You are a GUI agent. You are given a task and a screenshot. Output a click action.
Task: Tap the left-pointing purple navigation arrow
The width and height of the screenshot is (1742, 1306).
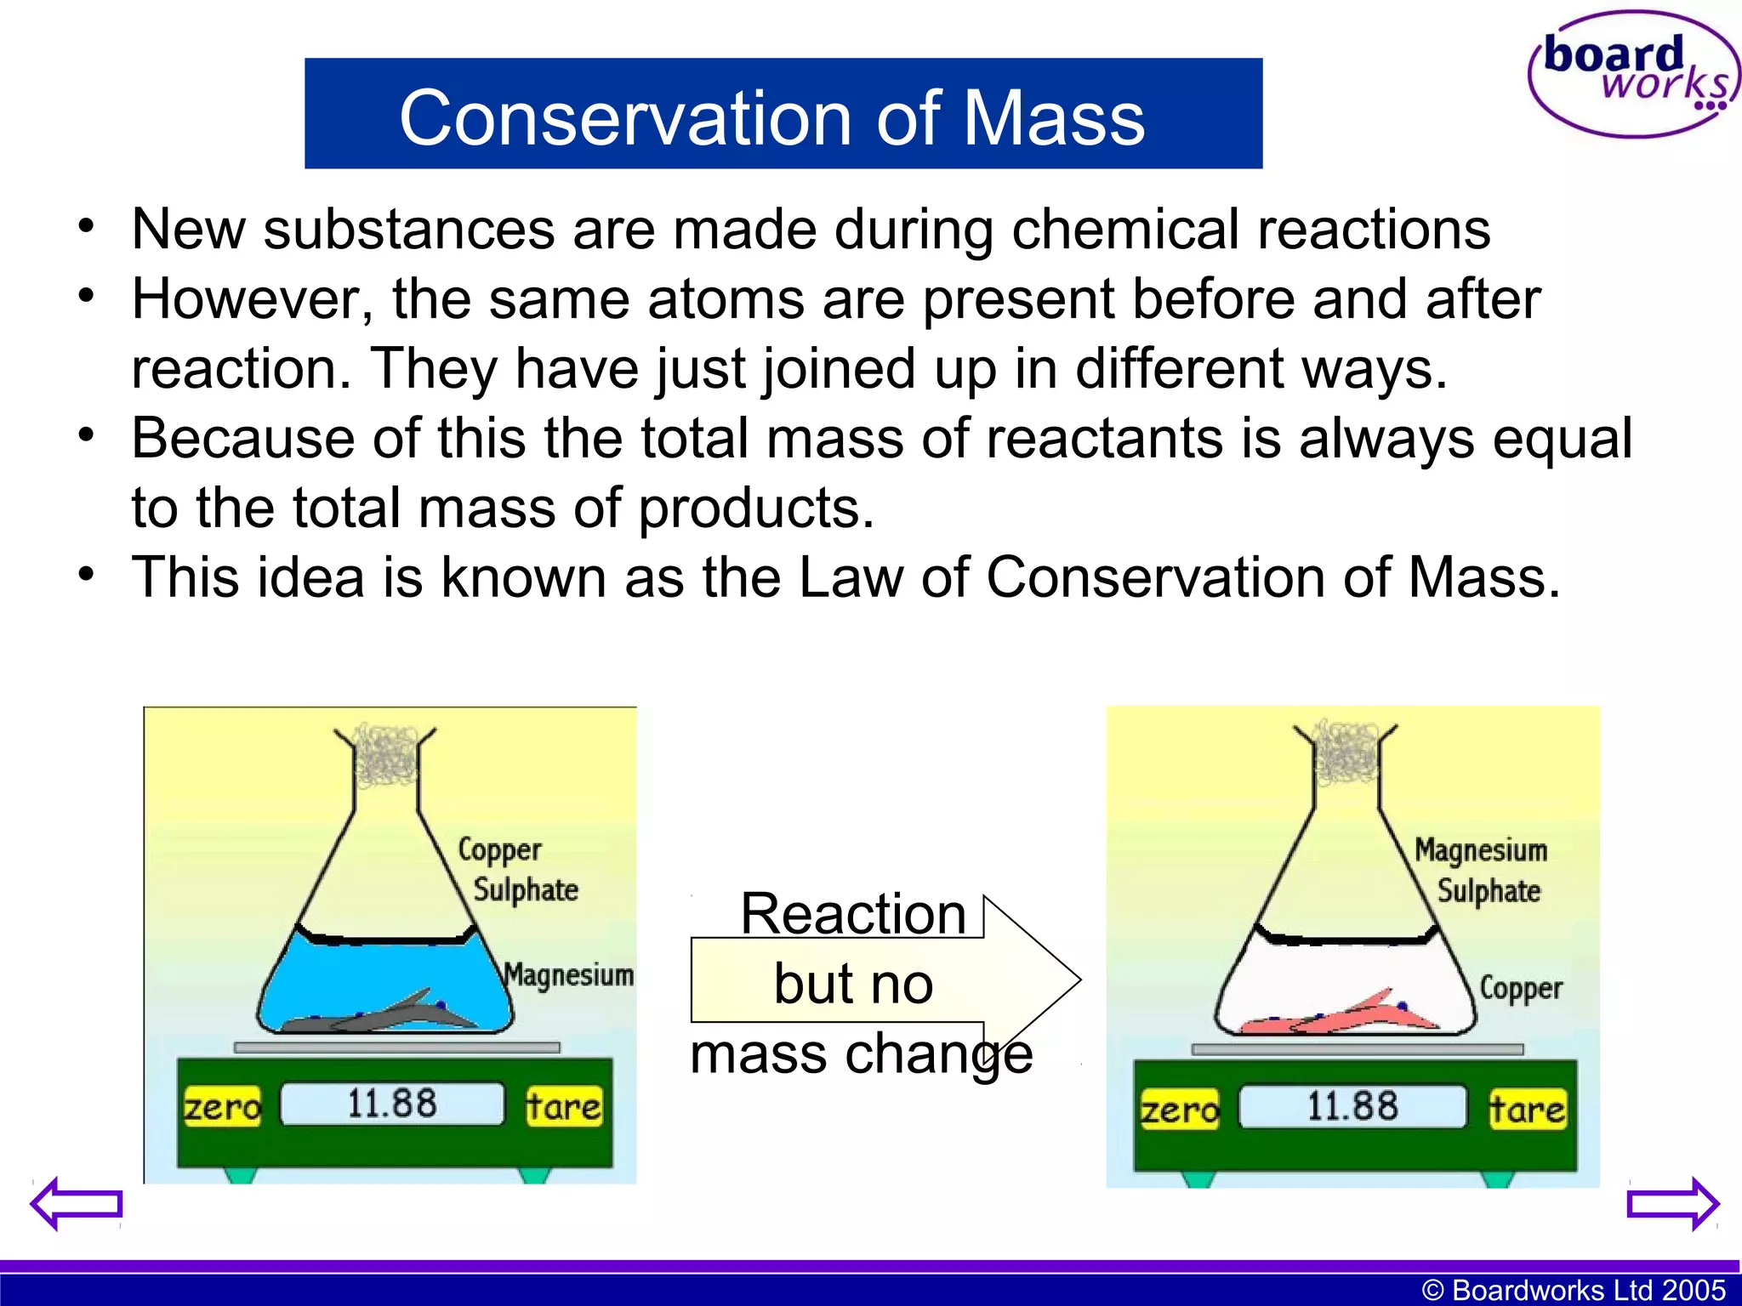pos(77,1203)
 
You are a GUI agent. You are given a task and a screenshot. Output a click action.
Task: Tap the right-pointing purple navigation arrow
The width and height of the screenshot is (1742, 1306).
pos(1672,1203)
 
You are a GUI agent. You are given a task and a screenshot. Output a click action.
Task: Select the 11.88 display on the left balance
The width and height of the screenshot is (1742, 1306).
pos(392,1104)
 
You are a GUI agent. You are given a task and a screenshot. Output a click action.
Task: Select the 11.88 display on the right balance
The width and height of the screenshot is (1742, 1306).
pos(1352,1106)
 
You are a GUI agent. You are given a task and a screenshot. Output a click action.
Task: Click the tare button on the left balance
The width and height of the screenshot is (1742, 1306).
pos(563,1106)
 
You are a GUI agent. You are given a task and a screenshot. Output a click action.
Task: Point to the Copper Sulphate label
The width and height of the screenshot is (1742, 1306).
pos(516,869)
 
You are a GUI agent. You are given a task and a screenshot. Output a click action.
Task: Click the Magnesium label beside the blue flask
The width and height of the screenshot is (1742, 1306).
pos(568,974)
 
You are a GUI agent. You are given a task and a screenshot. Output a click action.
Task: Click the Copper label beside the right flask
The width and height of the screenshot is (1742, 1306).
pos(1521,988)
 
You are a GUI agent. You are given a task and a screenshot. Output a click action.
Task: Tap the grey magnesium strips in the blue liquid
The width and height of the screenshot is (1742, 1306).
pos(391,1014)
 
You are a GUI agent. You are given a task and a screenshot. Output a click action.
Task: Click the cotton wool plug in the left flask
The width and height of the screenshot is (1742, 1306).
pos(385,753)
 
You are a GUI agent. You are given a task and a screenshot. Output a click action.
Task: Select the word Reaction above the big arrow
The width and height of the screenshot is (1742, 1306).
pos(853,914)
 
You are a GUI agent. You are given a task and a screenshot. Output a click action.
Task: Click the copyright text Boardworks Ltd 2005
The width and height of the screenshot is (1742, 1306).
pos(1573,1290)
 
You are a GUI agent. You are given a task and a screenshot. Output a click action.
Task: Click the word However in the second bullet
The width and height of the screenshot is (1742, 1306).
pos(252,299)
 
